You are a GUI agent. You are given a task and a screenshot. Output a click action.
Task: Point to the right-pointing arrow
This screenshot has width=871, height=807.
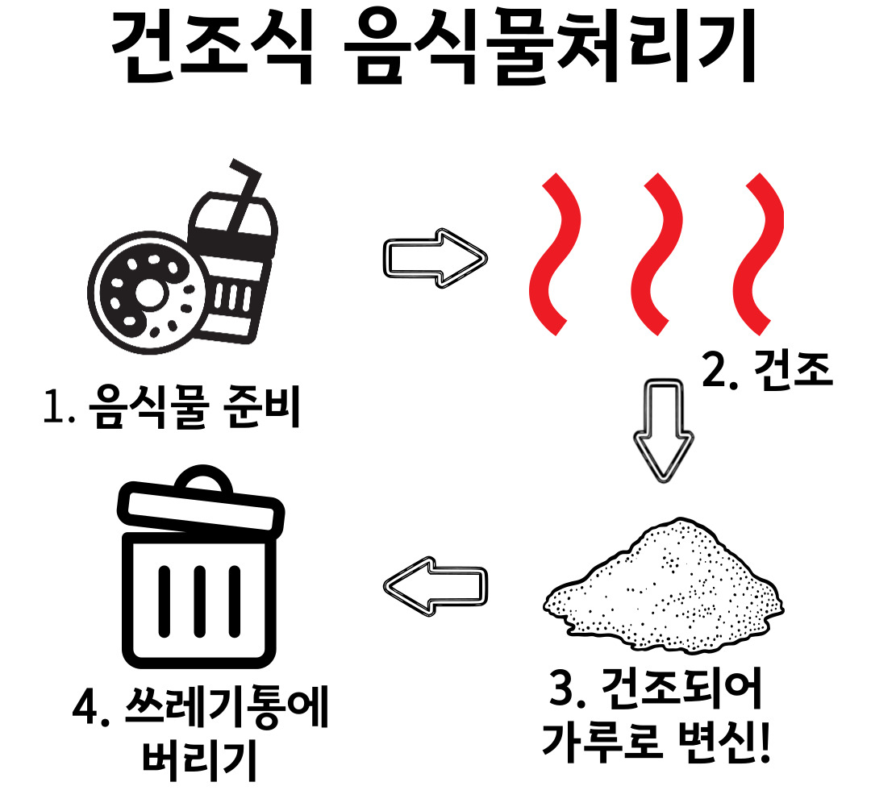click(x=435, y=257)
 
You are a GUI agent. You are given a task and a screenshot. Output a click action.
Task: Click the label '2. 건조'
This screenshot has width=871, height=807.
click(x=766, y=372)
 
